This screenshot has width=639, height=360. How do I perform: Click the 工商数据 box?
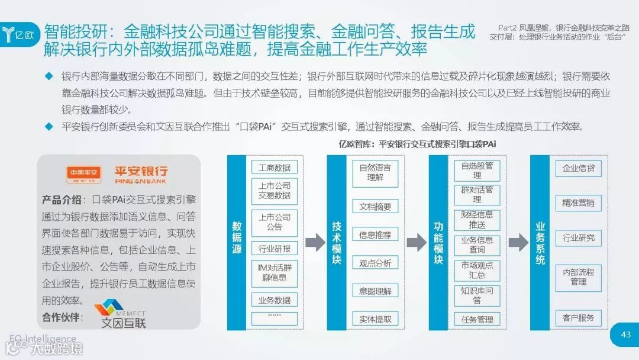pos(274,168)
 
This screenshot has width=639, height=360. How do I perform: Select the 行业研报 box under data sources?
pos(274,249)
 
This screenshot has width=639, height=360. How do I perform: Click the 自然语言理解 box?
pos(375,172)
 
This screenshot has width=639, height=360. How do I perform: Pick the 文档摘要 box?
pos(375,207)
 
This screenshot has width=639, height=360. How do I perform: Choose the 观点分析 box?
pos(375,263)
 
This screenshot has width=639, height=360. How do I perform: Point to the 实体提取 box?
pos(375,319)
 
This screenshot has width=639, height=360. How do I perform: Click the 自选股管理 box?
pos(477,171)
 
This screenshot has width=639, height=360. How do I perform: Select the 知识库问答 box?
pos(477,295)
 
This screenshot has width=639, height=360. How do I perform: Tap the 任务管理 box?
pos(477,320)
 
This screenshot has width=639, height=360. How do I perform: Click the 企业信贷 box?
pos(578,168)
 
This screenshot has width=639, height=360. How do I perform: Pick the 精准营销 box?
pos(578,203)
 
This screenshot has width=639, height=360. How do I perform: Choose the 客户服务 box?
pos(578,318)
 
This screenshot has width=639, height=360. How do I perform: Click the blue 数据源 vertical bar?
pos(237,242)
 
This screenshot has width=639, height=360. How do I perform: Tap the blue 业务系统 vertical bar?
pos(540,242)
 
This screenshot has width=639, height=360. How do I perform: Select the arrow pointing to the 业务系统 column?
pos(518,242)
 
